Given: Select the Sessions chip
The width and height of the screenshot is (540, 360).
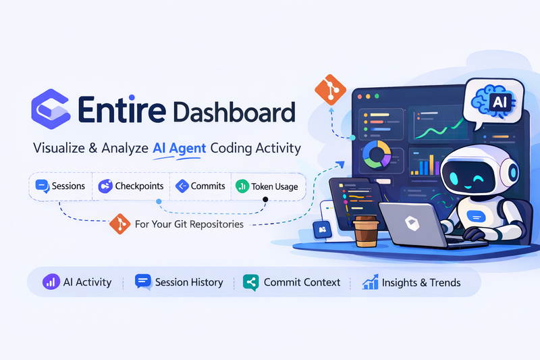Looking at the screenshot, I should [61, 186].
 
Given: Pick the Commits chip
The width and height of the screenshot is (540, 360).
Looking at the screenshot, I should [200, 186].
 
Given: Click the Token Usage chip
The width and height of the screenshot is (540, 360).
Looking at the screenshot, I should [266, 186].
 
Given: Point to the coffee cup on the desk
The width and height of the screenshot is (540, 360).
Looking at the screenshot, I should [366, 233].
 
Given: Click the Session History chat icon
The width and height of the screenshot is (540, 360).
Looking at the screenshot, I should [142, 282].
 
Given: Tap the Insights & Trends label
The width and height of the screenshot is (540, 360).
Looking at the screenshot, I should [421, 282].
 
